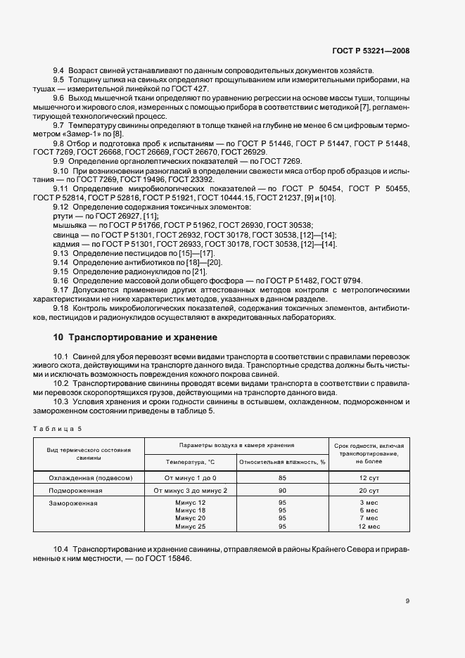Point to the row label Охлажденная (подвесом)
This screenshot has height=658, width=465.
(x=89, y=477)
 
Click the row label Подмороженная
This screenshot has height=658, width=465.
(x=72, y=490)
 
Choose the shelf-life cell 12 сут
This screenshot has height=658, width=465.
(x=369, y=477)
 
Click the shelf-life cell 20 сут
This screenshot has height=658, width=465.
(x=369, y=490)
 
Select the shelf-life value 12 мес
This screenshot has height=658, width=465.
(x=369, y=527)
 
